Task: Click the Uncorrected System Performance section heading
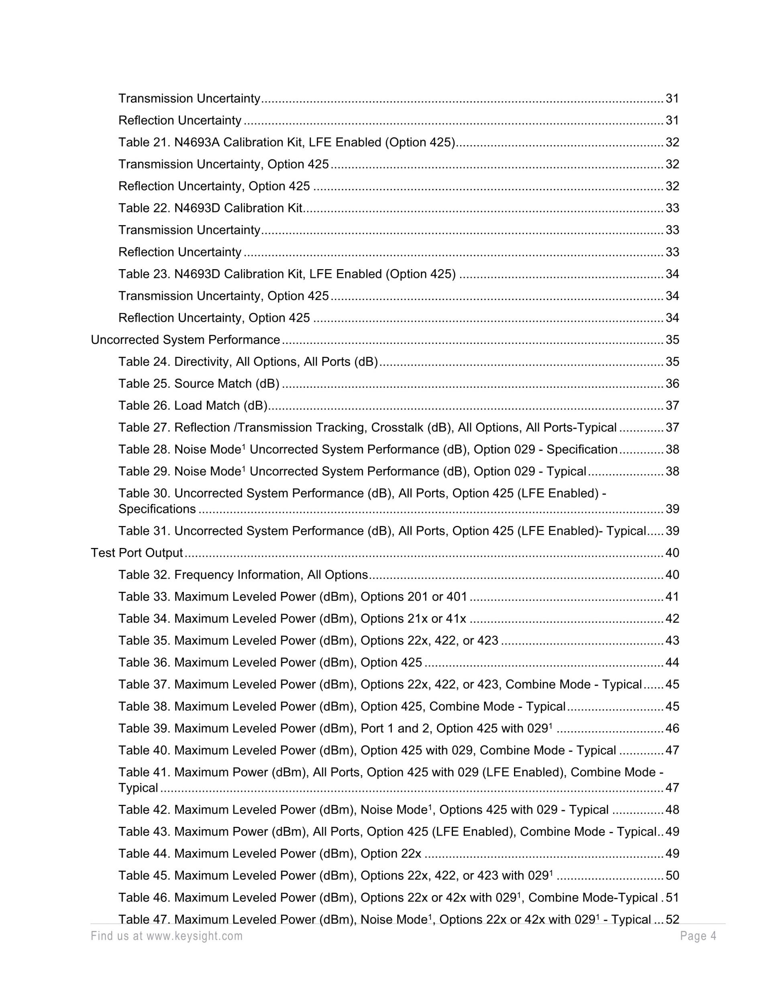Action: tap(185, 339)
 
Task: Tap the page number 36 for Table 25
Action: tap(672, 383)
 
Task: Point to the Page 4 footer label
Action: tap(698, 936)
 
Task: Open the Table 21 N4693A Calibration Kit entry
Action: tap(287, 142)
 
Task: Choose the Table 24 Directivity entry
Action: tap(248, 362)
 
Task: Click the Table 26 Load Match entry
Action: tap(193, 405)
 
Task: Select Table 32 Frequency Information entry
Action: tap(243, 575)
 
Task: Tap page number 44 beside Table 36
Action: tap(672, 662)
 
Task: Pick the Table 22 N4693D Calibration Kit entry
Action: tap(210, 208)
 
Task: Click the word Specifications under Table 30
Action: tap(157, 509)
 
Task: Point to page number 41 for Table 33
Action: tap(672, 596)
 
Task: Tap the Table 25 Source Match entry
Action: tap(199, 383)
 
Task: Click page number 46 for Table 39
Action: tap(672, 728)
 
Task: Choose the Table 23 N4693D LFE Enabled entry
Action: tap(287, 274)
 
